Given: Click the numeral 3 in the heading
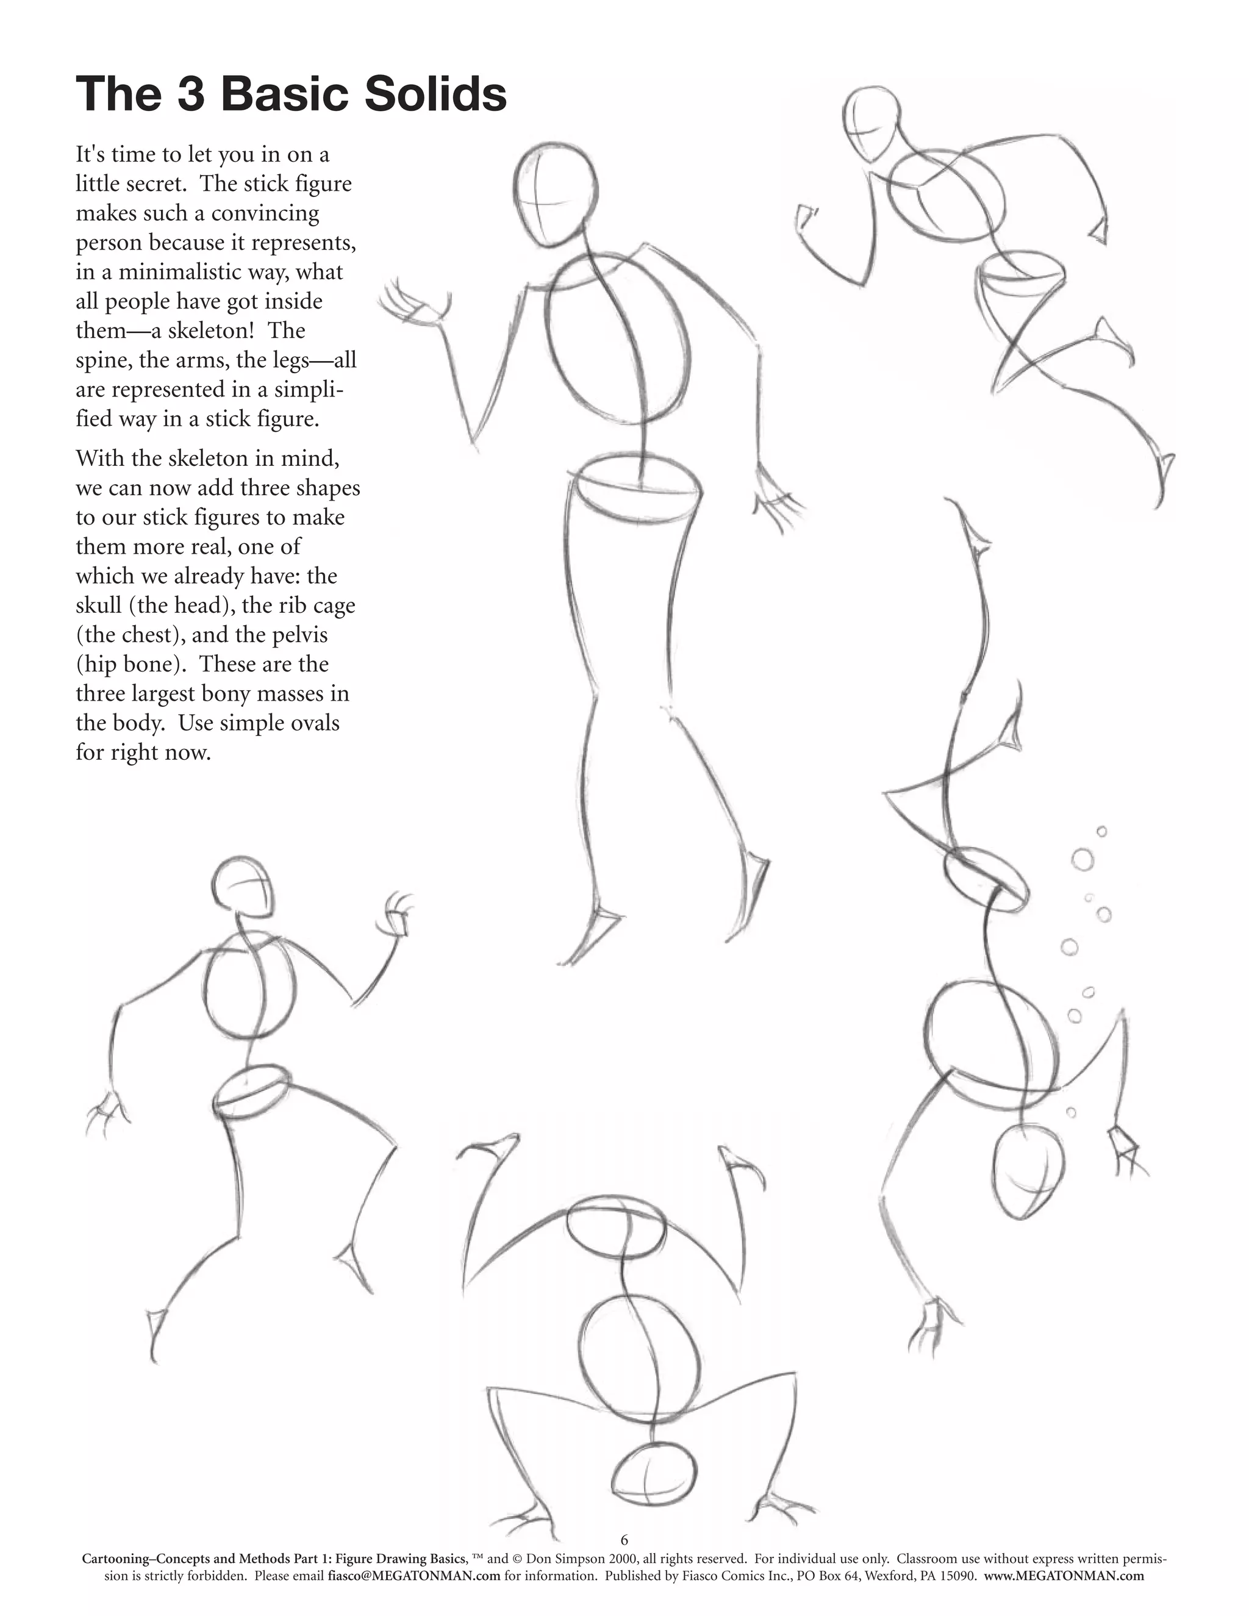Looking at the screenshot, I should click(x=191, y=95).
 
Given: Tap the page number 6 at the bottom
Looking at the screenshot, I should click(x=624, y=1540).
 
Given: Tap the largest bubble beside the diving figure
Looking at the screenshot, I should click(x=1083, y=860).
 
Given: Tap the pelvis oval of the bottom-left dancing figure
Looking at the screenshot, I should click(x=252, y=1088).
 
